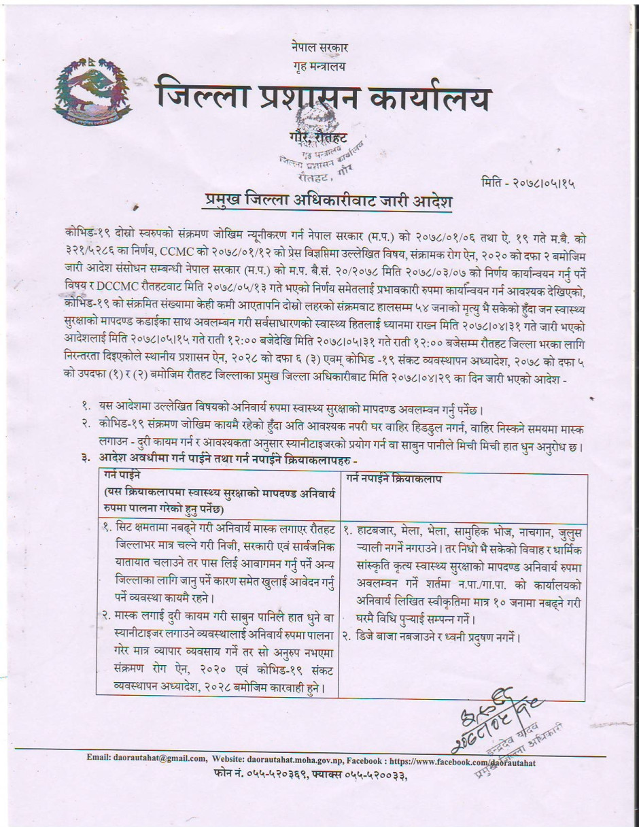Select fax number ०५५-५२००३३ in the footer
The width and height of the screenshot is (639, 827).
point(373,774)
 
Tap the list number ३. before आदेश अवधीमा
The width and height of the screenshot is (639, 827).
point(86,460)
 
